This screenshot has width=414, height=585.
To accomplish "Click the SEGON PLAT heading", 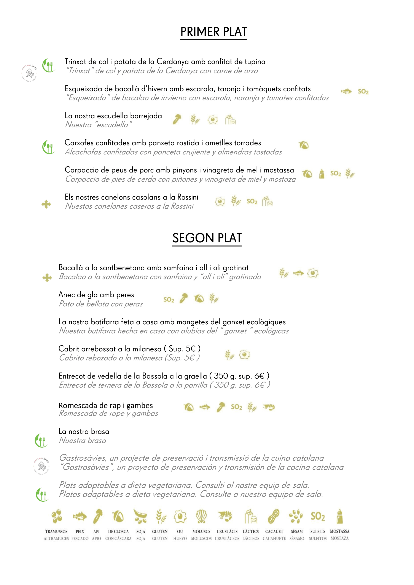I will pyautogui.click(x=207, y=238).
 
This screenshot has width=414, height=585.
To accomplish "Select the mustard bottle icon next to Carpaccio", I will pyautogui.click(x=322, y=174).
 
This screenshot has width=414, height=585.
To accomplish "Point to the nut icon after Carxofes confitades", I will pyautogui.click(x=304, y=145).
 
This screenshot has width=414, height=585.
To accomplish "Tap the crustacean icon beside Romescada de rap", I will pyautogui.click(x=269, y=407).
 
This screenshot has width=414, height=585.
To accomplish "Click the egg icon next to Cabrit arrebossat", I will pyautogui.click(x=244, y=354).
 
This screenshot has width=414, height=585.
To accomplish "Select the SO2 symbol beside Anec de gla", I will pyautogui.click(x=169, y=300).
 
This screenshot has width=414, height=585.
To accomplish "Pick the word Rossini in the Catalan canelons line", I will pyautogui.click(x=188, y=197).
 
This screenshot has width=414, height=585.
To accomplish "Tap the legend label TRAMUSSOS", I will pyautogui.click(x=56, y=531).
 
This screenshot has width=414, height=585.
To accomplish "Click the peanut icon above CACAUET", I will pyautogui.click(x=274, y=517).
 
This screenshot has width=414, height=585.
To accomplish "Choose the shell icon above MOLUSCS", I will pyautogui.click(x=201, y=517).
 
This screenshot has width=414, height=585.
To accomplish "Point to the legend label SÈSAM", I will pyautogui.click(x=297, y=531).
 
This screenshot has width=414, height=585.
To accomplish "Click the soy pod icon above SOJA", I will pyautogui.click(x=140, y=517).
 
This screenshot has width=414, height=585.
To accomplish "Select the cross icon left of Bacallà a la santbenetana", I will pyautogui.click(x=47, y=277).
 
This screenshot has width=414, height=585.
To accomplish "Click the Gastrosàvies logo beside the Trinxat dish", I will pyautogui.click(x=29, y=73).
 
